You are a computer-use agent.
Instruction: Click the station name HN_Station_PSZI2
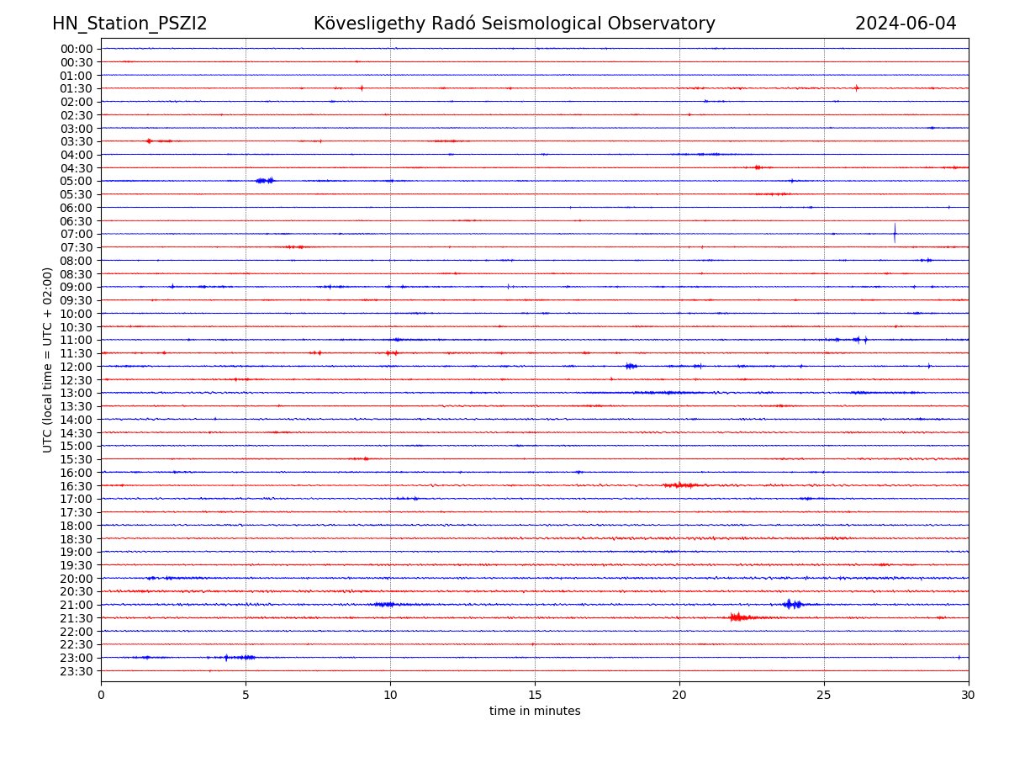pyautogui.click(x=129, y=24)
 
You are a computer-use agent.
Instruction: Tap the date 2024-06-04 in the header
pyautogui.click(x=906, y=24)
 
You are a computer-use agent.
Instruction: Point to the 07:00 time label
pyautogui.click(x=77, y=234)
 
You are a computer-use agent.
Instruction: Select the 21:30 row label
pyautogui.click(x=77, y=618)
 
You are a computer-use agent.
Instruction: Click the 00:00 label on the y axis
pyautogui.click(x=77, y=49)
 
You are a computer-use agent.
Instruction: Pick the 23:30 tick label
pyautogui.click(x=77, y=671)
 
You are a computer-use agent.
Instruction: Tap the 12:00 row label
pyautogui.click(x=77, y=367)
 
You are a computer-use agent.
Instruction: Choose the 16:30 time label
pyautogui.click(x=77, y=485)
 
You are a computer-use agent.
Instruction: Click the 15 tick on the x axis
pyautogui.click(x=535, y=696)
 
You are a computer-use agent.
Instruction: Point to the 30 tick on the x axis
pyautogui.click(x=969, y=696)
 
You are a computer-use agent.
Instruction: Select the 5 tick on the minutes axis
pyautogui.click(x=246, y=696)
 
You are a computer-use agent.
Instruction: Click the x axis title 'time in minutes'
pyautogui.click(x=535, y=711)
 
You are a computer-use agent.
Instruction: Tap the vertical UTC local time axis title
pyautogui.click(x=48, y=359)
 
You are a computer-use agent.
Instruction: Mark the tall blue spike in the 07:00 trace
pyautogui.click(x=895, y=233)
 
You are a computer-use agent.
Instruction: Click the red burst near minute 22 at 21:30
pyautogui.click(x=738, y=617)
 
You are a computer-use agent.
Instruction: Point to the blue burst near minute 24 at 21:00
pyautogui.click(x=791, y=604)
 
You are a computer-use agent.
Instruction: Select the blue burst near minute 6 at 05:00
pyautogui.click(x=264, y=180)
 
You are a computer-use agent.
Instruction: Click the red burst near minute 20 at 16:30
pyautogui.click(x=680, y=485)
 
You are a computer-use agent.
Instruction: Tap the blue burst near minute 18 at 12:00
pyautogui.click(x=631, y=366)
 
